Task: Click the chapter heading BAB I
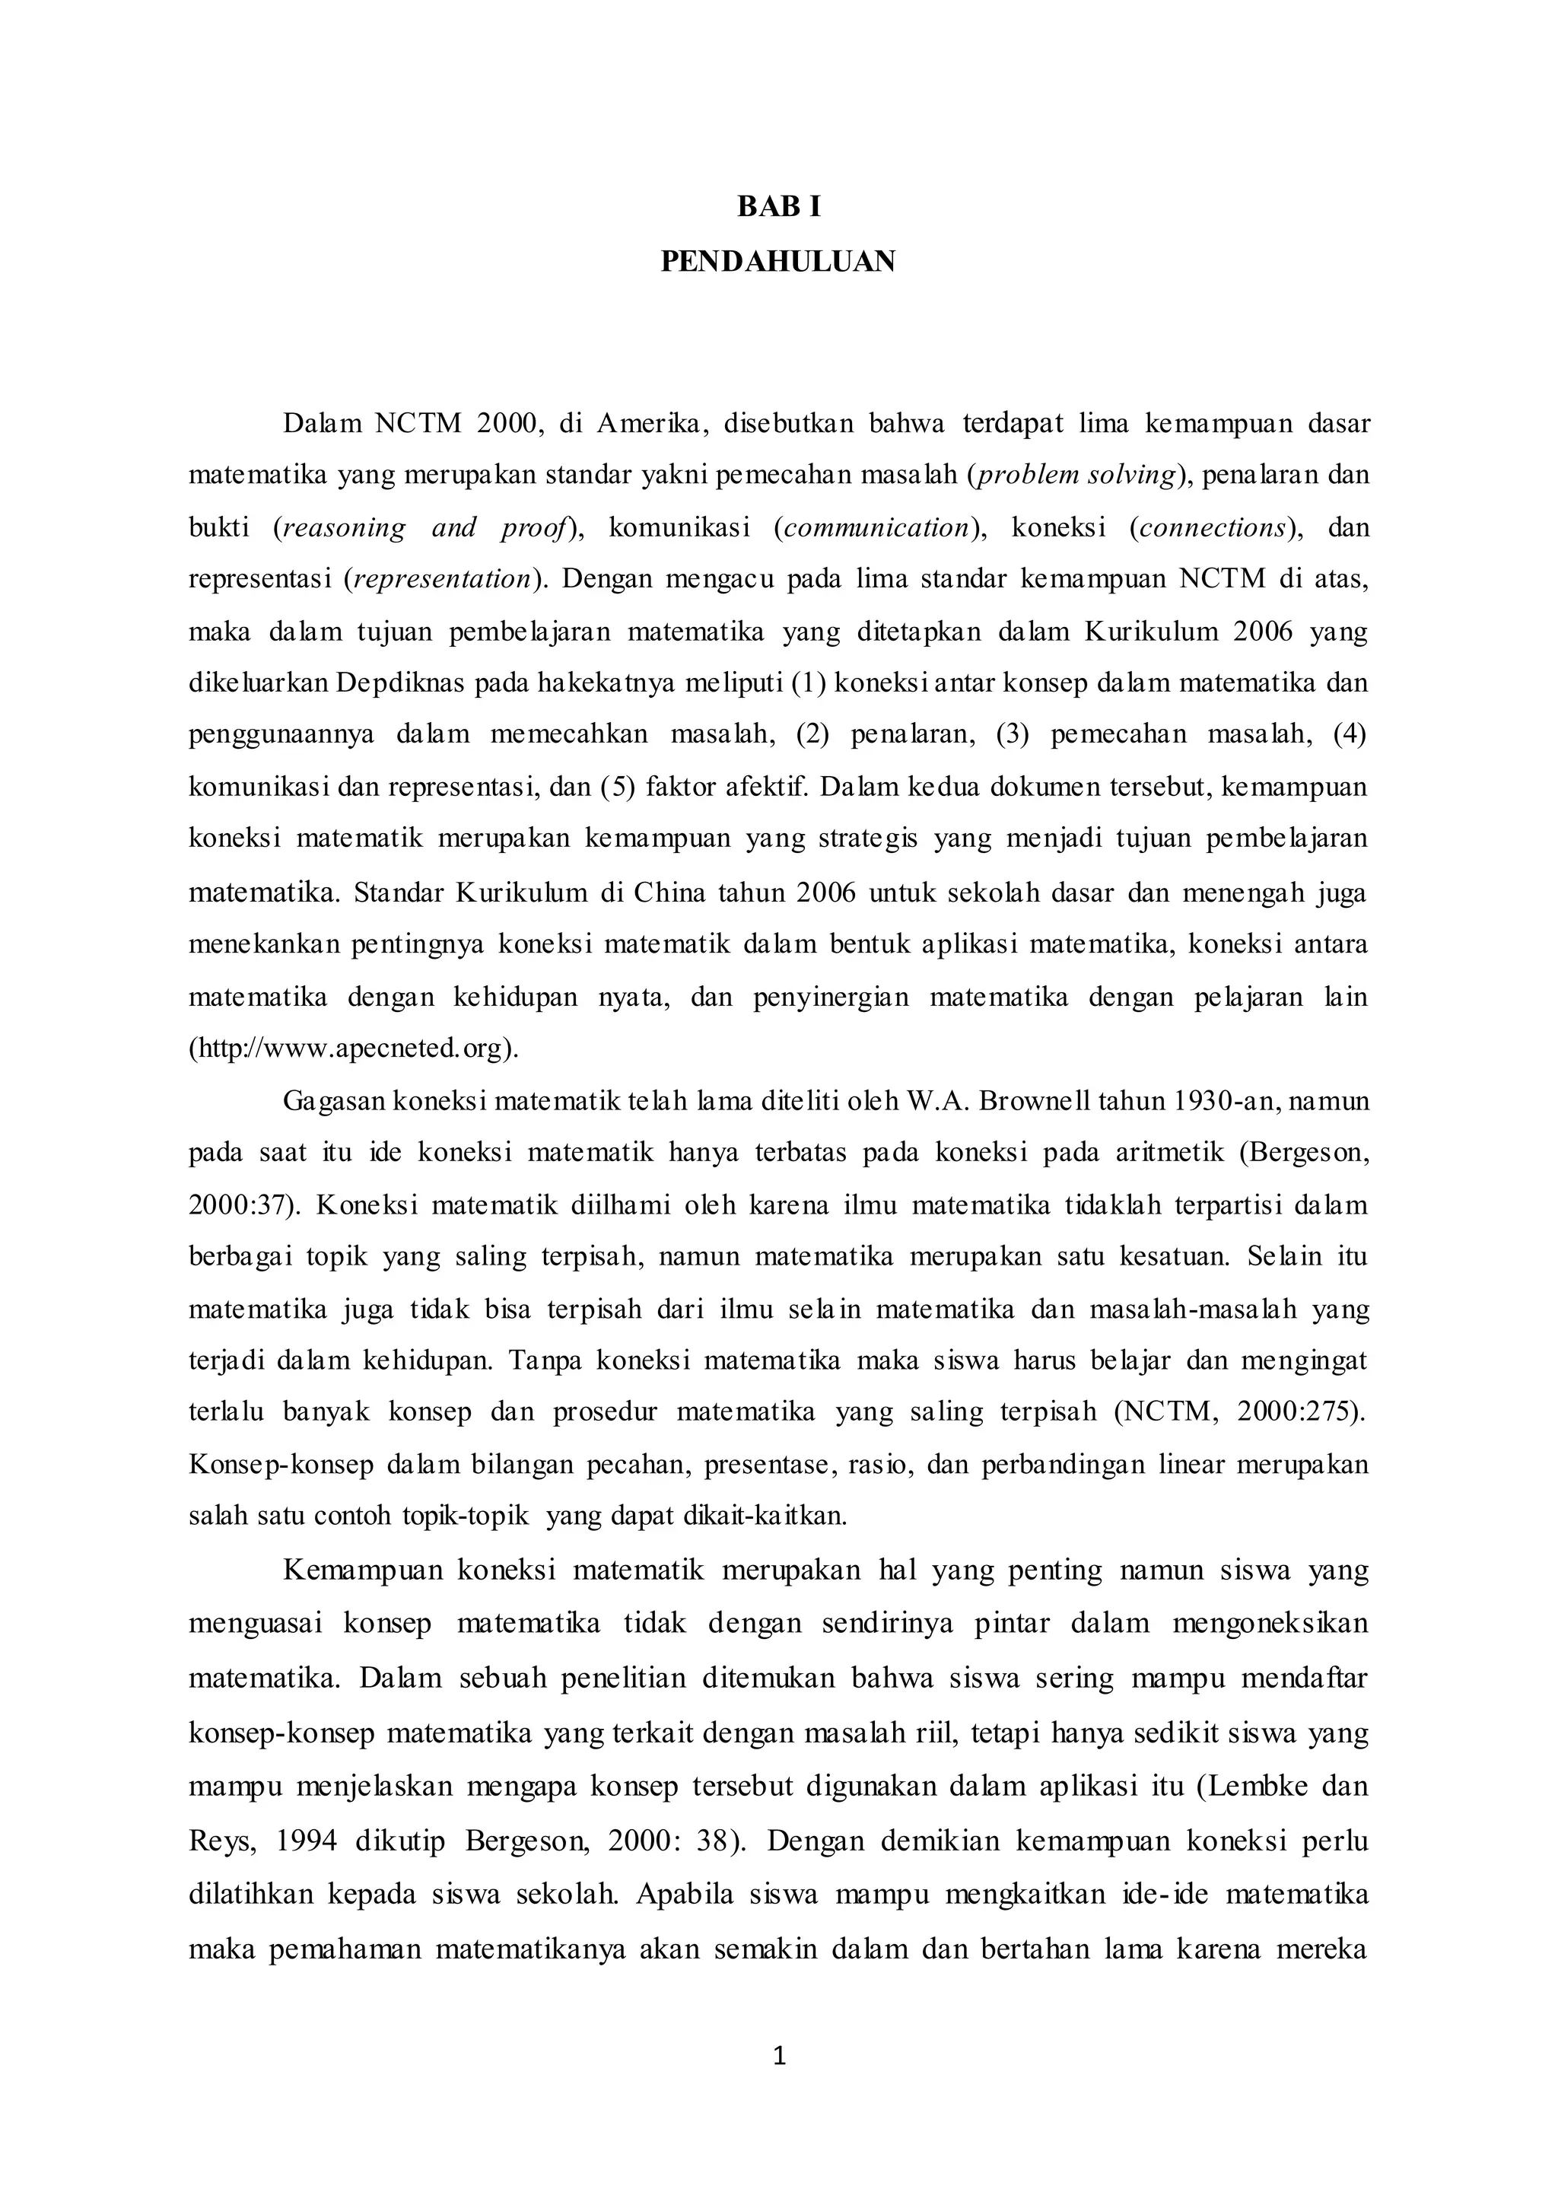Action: (778, 207)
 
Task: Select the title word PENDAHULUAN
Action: (778, 261)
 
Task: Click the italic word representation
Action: (442, 580)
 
